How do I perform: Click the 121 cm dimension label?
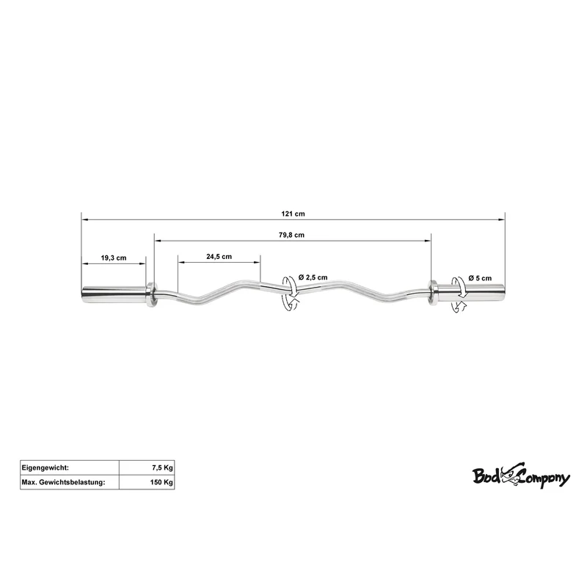coord(293,214)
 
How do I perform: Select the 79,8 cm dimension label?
coord(291,235)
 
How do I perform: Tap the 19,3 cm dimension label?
coord(114,258)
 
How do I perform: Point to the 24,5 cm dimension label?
coord(219,256)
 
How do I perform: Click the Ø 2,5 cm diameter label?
coord(313,277)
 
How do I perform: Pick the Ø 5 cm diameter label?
coord(480,278)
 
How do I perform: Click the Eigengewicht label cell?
coord(70,467)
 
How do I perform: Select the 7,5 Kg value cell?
coord(147,467)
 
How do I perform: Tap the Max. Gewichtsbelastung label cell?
coord(70,482)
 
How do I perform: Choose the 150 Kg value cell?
coord(147,482)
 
